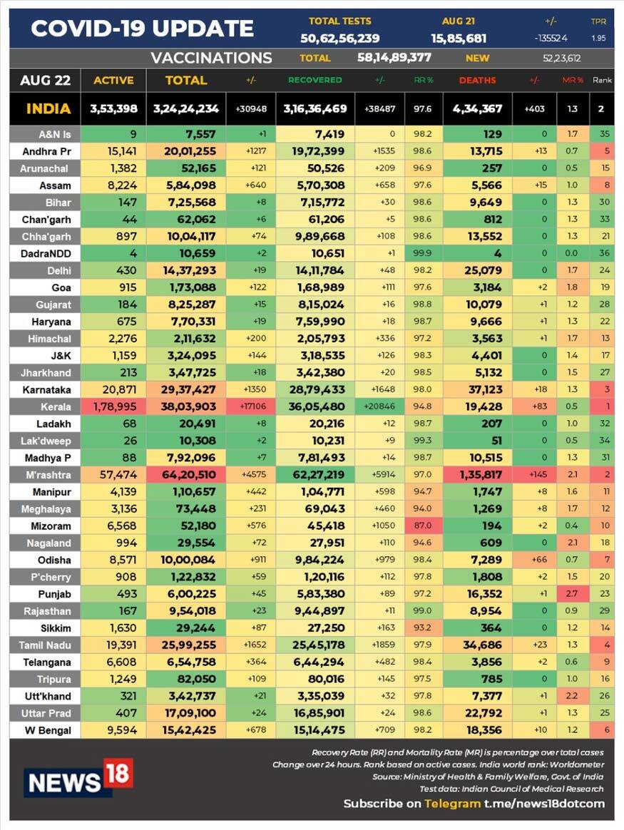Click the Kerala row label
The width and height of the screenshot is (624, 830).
pos(45,406)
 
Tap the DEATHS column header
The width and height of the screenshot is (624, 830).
pos(477,81)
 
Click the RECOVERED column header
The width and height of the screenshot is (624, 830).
pos(314,81)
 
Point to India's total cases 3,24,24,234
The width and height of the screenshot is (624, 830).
pos(185,109)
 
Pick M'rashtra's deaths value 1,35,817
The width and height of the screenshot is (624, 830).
pos(477,475)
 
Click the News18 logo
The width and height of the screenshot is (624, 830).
pos(78,778)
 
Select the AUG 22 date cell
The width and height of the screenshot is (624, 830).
pos(45,81)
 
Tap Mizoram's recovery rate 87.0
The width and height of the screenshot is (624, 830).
pos(423,526)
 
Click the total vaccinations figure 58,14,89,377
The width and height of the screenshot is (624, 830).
pos(394,58)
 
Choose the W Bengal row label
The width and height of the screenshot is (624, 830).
pos(45,730)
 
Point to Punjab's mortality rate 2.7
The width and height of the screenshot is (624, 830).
pos(573,593)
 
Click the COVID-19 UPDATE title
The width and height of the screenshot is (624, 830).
pos(143,29)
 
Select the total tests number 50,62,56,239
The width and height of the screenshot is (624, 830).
pos(339,39)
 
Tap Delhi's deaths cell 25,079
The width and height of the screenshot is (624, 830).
pos(477,270)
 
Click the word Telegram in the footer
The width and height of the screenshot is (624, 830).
pos(452,804)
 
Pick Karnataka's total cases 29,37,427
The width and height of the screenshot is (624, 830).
pos(185,389)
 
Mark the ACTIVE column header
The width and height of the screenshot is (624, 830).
pos(113,81)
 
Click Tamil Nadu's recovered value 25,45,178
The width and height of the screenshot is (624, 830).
pos(314,645)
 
